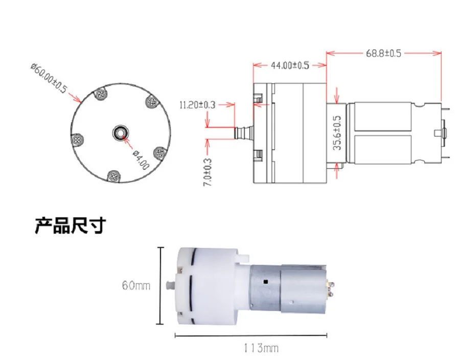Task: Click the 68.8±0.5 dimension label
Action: click(x=383, y=53)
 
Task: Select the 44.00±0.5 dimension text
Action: click(x=290, y=65)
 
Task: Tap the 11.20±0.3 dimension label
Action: click(x=197, y=105)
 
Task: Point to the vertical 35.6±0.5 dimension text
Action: click(x=337, y=132)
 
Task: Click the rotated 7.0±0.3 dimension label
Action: click(x=208, y=172)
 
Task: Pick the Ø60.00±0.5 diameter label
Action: click(x=49, y=78)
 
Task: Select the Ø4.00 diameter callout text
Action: click(x=141, y=160)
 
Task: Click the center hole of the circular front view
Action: click(x=121, y=133)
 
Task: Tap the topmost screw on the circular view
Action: click(x=100, y=94)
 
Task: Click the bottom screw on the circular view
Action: click(x=113, y=176)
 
